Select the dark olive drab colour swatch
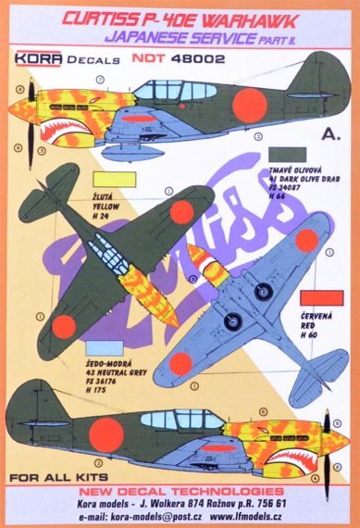click(x=287, y=157)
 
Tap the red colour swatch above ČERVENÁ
click(x=321, y=298)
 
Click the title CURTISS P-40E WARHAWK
click(x=180, y=12)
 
